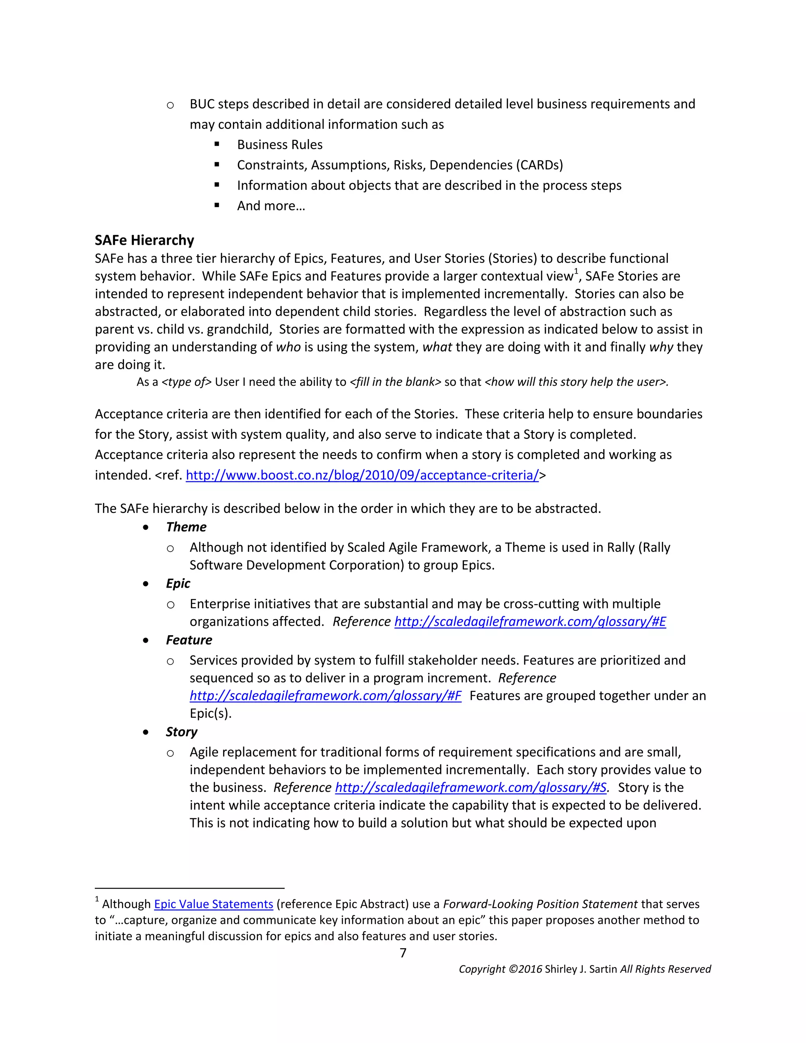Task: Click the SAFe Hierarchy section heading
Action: (144, 240)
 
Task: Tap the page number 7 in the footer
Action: (403, 953)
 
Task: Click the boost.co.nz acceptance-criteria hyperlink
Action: (362, 475)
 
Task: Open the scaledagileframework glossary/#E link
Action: (530, 621)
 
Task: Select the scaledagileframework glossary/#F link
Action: (325, 695)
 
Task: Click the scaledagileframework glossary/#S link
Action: (470, 787)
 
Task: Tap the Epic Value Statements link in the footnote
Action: (213, 904)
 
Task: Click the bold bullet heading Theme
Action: (186, 527)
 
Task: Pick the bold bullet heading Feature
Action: (189, 640)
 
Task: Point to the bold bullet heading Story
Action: (181, 732)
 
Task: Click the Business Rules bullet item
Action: (280, 145)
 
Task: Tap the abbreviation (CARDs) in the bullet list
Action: (539, 165)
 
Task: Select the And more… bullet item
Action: (271, 206)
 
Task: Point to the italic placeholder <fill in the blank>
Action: (396, 382)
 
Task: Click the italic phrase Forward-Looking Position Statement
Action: (540, 904)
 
